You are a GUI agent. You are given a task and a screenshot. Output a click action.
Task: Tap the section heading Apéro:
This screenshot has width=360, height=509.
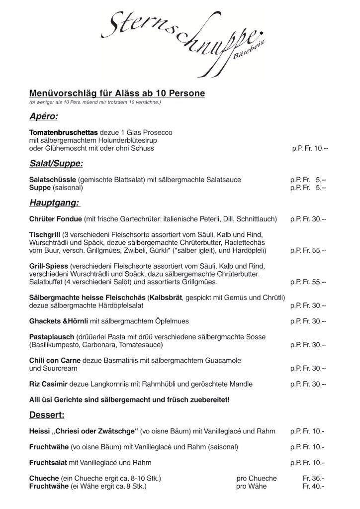[x=43, y=117]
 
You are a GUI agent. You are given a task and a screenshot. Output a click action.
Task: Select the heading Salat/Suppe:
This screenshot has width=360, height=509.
[x=56, y=164]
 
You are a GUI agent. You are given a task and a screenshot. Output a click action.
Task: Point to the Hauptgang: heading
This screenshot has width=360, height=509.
[x=55, y=203]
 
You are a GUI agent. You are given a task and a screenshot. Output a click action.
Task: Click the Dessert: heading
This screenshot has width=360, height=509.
[x=47, y=414]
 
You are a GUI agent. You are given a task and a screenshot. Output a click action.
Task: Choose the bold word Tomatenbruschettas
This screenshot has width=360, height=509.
[x=64, y=133]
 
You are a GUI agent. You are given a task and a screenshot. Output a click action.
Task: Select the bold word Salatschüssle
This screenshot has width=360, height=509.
[x=52, y=180]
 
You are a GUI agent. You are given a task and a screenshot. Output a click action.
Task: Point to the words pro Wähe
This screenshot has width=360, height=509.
[x=251, y=486]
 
